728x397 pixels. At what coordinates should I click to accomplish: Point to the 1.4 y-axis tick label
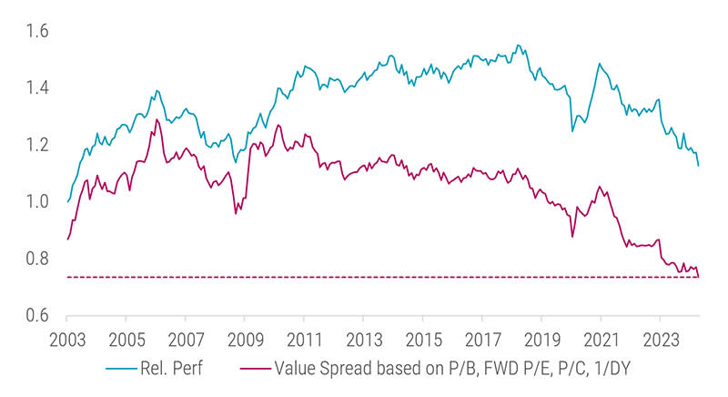[35, 88]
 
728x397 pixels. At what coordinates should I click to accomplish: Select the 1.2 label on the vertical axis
[35, 145]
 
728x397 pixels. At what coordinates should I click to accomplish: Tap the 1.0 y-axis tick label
[35, 201]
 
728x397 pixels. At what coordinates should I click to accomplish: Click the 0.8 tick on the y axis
[35, 259]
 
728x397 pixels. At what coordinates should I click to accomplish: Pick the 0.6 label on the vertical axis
[35, 316]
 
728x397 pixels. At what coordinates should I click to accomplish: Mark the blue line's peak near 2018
[518, 45]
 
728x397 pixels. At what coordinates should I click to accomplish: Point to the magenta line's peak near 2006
[157, 119]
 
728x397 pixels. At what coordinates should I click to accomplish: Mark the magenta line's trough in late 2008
[237, 213]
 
